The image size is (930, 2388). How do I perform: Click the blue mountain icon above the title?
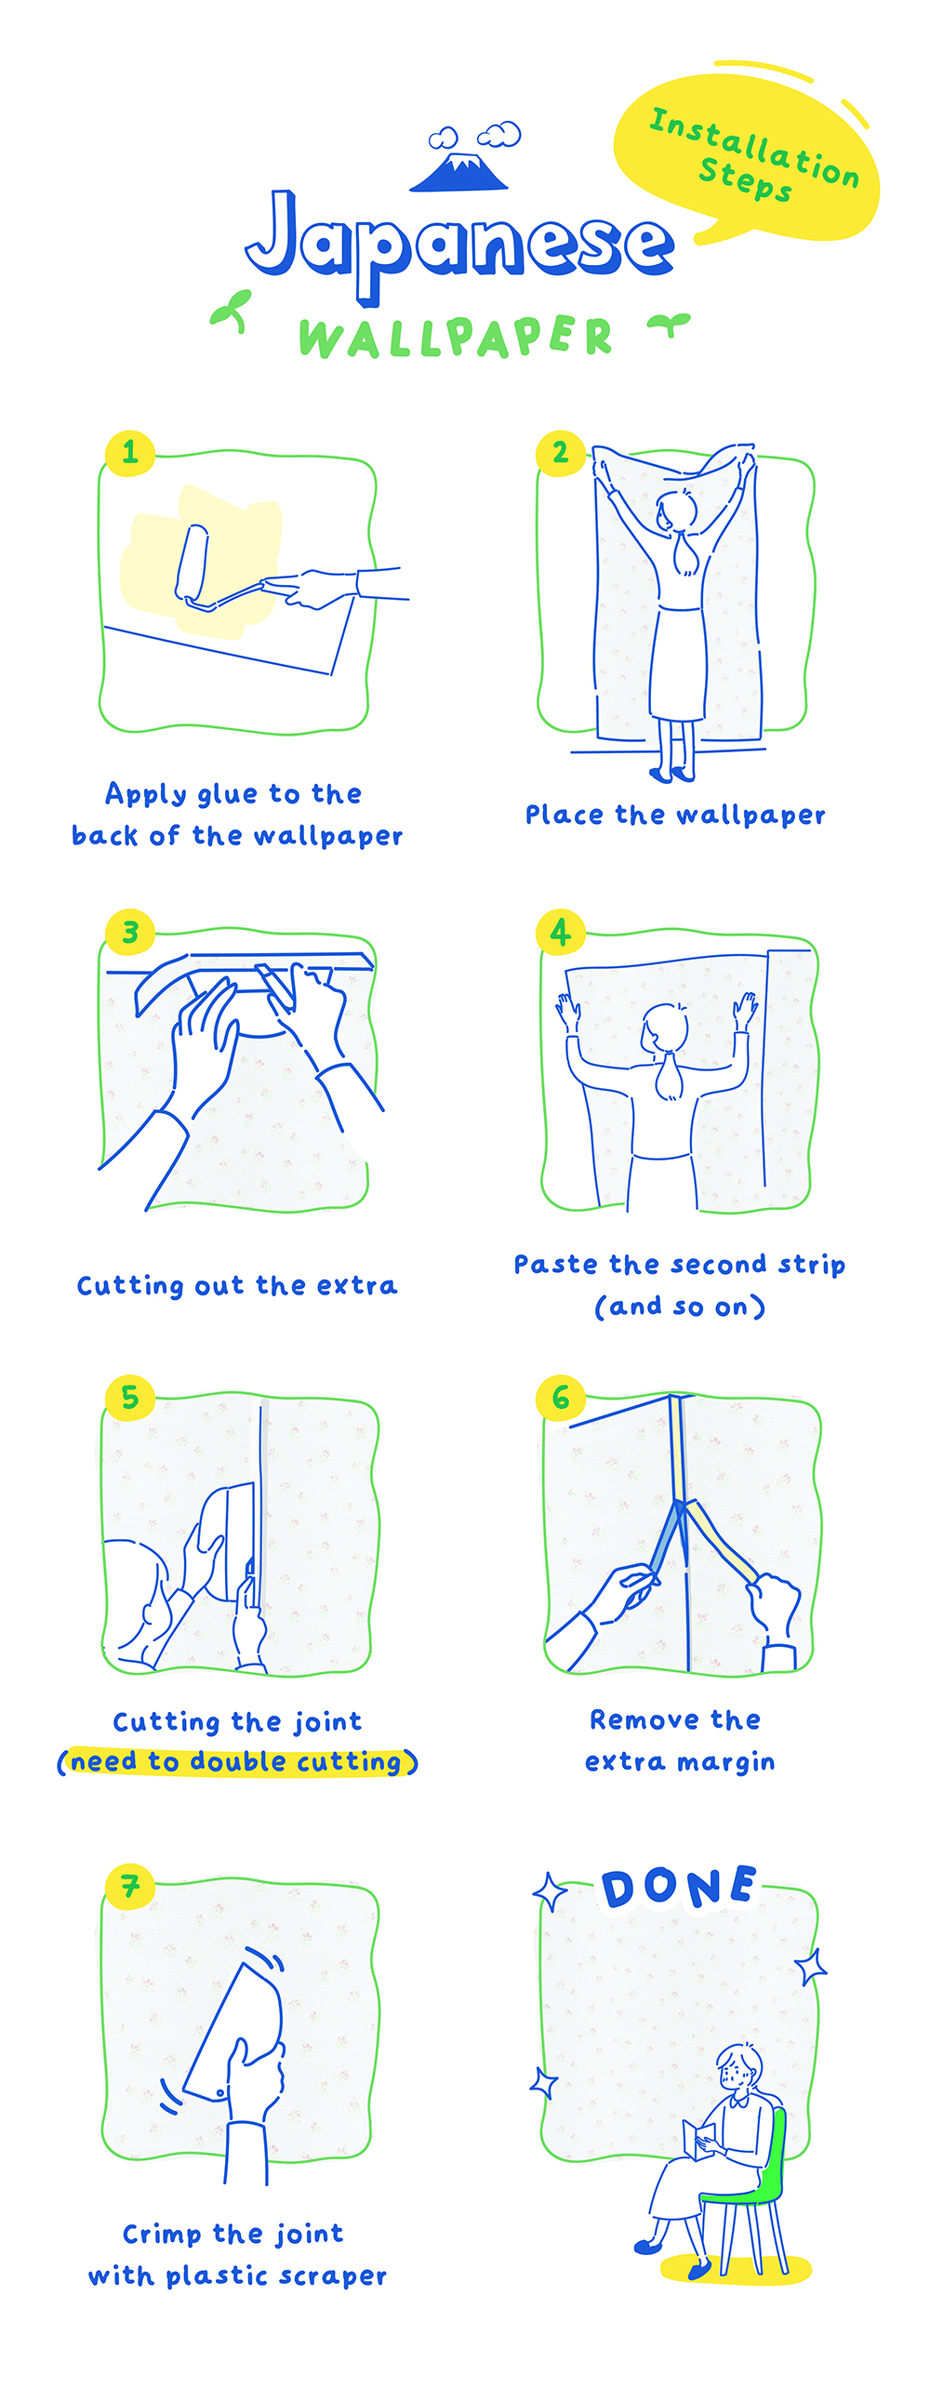[459, 172]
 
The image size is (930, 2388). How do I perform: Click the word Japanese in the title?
[459, 245]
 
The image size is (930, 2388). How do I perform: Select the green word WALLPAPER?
[456, 337]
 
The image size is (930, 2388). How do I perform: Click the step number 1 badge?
[130, 453]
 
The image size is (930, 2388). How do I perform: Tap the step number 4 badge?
[561, 931]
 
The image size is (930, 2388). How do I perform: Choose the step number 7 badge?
[130, 1885]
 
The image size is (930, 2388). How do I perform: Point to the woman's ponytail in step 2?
[686, 553]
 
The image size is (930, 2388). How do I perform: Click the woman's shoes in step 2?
[672, 773]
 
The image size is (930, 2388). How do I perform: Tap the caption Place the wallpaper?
[675, 815]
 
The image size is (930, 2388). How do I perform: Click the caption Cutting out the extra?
[237, 1285]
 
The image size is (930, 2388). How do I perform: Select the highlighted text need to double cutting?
[238, 1761]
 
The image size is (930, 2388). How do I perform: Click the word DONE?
[679, 1887]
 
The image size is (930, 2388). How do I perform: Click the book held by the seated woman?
[697, 2137]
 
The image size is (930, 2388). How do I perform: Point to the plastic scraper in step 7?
[233, 2031]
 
